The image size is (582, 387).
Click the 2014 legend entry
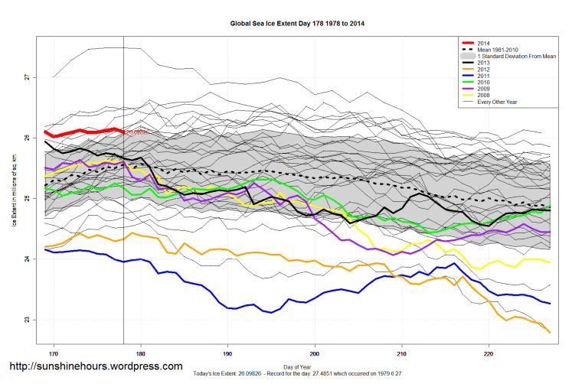483,42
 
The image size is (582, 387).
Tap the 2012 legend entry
483,70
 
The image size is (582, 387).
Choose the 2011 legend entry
483,76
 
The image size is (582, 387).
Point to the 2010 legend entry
483,83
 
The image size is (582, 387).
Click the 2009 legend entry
483,89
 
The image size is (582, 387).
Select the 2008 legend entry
483,96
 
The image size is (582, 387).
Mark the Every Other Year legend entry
497,102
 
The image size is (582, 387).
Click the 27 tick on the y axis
25,77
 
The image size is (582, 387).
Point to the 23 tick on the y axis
25,320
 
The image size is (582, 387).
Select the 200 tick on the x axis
315,354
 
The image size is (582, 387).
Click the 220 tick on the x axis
489,354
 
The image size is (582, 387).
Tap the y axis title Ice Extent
15,200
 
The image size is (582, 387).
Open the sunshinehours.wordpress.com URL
96,367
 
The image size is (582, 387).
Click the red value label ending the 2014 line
137,132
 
